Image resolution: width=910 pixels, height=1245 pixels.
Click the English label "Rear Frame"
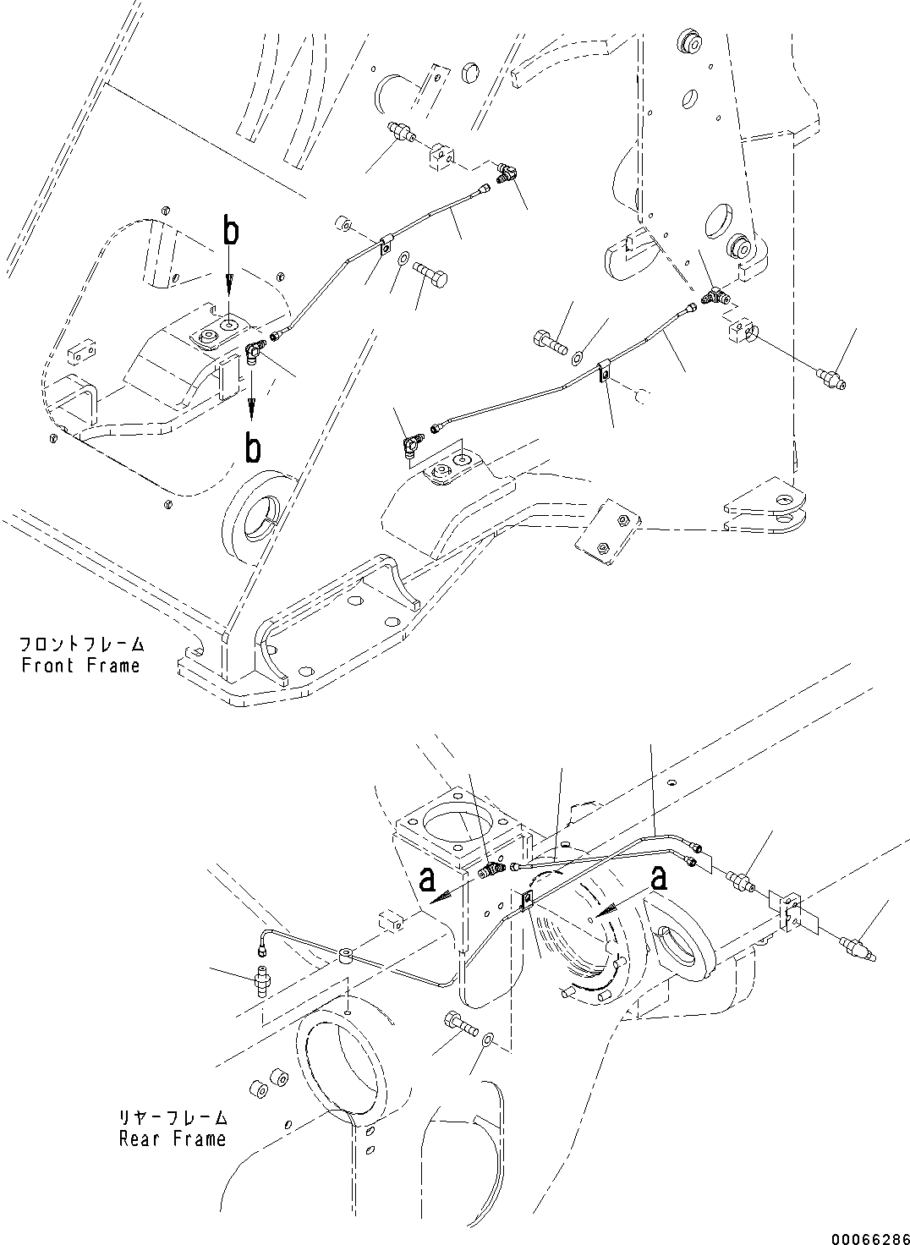172,1138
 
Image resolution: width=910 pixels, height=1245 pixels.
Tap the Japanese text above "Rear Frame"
172,1117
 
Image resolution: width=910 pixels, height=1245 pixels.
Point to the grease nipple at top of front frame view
400,133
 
